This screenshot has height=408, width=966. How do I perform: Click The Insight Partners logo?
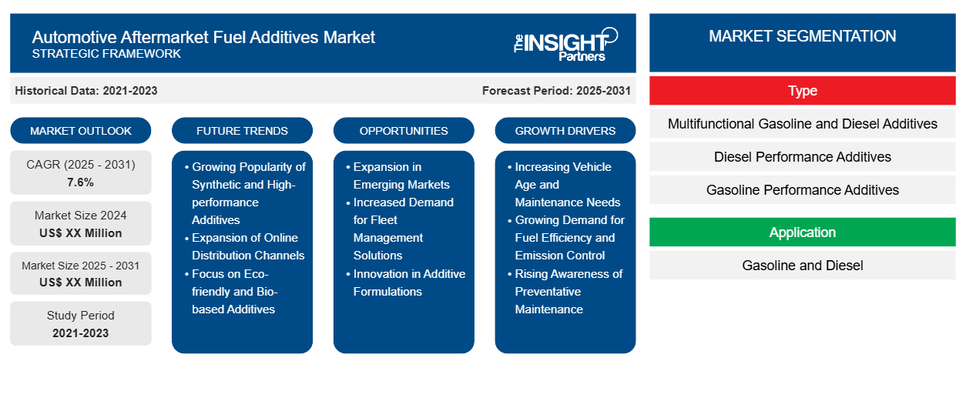(x=565, y=44)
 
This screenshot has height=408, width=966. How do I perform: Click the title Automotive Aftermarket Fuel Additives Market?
(x=203, y=37)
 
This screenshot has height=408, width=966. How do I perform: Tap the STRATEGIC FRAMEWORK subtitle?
(x=106, y=54)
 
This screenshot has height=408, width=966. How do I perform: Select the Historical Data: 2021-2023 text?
(x=86, y=91)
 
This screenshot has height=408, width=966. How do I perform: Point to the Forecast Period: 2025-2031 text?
(x=556, y=91)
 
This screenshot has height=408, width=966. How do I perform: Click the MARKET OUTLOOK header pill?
(x=81, y=131)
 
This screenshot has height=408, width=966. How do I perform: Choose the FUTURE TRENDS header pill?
(x=242, y=131)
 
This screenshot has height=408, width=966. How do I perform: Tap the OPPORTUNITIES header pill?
(x=404, y=131)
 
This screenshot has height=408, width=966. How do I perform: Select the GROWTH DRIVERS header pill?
(x=565, y=131)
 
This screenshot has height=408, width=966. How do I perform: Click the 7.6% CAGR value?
(x=81, y=182)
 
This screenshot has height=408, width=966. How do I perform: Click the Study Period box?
(x=81, y=323)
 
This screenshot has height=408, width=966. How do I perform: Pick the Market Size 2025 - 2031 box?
(x=81, y=273)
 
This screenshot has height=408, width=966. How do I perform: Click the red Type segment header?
(x=802, y=91)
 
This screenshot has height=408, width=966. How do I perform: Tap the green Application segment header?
(x=802, y=232)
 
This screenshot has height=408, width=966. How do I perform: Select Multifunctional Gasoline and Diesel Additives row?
(x=802, y=124)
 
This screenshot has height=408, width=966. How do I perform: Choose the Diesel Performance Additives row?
(x=802, y=157)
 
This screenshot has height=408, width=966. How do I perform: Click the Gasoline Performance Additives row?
(x=802, y=190)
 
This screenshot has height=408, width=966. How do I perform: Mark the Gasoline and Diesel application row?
(x=802, y=266)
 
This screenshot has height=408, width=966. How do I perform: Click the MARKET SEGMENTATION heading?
(x=802, y=36)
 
